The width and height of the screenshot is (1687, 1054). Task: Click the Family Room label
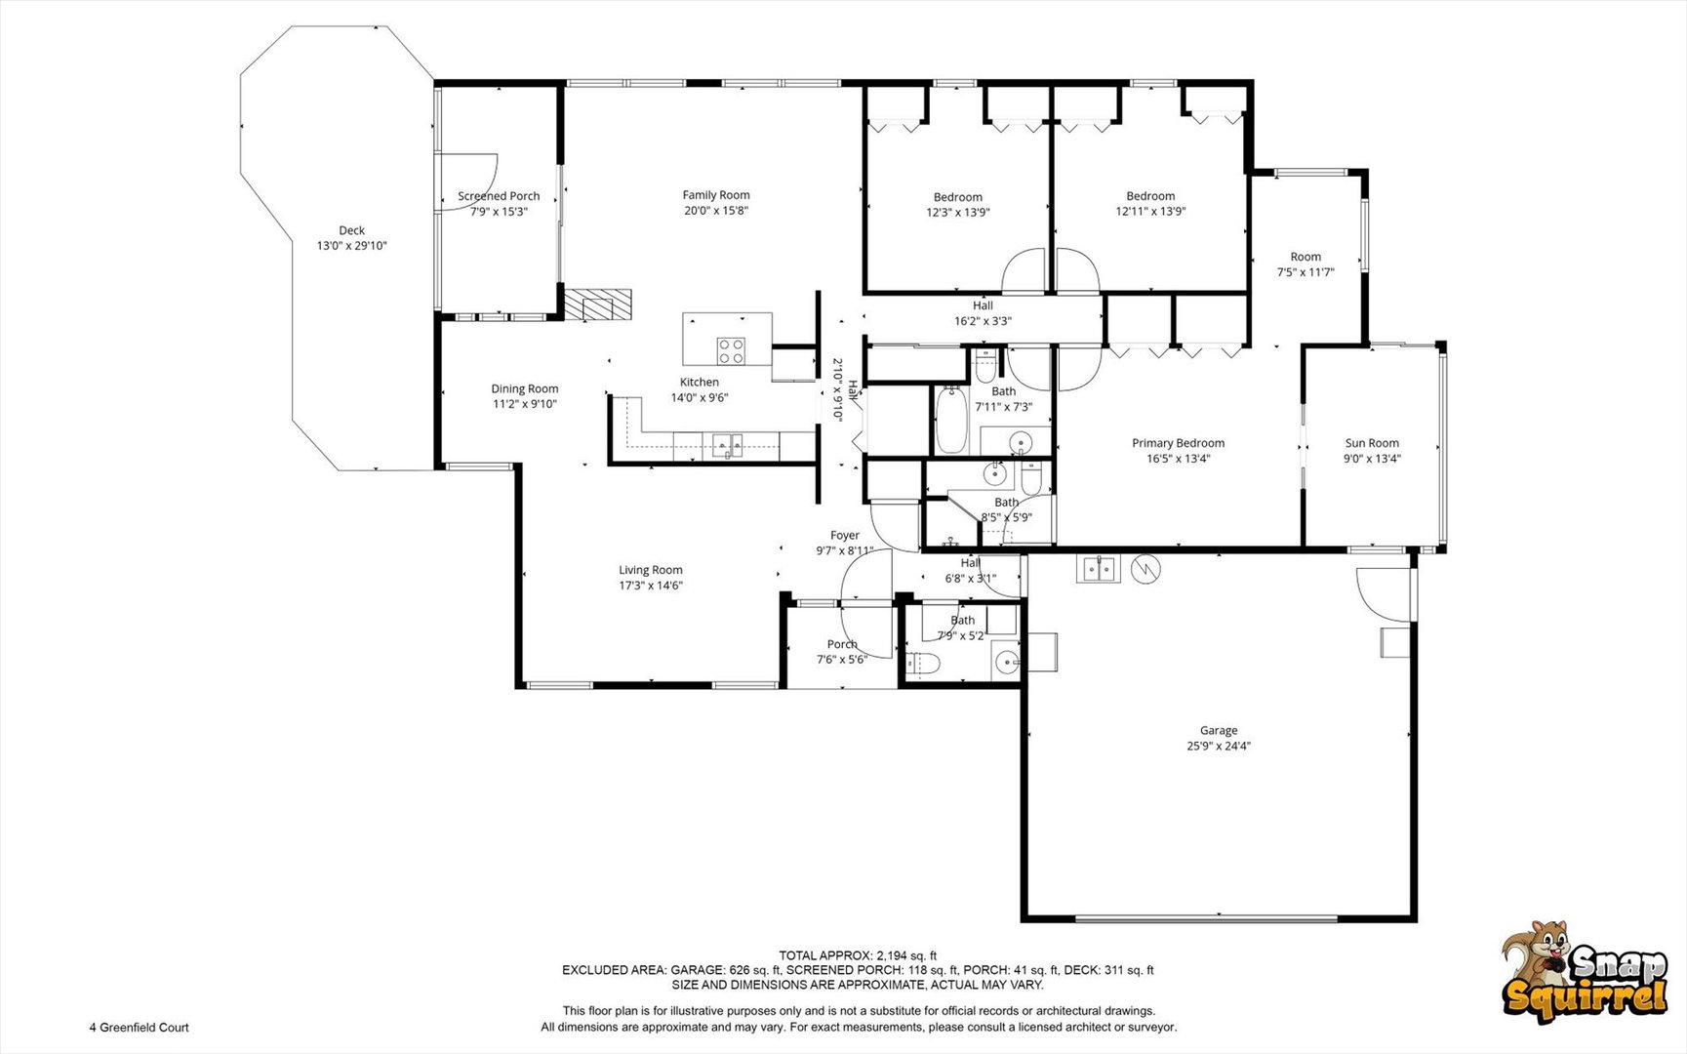(716, 195)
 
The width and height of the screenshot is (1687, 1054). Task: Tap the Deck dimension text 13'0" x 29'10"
(351, 246)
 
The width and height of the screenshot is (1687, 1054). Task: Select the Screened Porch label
(499, 196)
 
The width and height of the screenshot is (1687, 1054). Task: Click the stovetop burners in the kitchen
(731, 350)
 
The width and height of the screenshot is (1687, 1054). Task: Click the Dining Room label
(525, 388)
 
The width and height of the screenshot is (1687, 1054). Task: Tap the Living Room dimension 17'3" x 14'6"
(651, 586)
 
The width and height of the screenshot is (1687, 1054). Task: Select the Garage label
(1219, 730)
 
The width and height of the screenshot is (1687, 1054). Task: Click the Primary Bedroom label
(1178, 443)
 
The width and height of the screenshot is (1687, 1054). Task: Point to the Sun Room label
(1372, 443)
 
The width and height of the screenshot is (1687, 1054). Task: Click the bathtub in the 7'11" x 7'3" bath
(950, 421)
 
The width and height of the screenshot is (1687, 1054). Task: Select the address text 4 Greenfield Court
(140, 1027)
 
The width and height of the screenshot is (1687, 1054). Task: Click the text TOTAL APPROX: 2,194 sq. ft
(858, 955)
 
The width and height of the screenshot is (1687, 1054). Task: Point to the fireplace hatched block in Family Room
(598, 304)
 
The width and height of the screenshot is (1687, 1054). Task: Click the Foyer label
(845, 535)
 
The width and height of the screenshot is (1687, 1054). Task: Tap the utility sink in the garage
(1099, 568)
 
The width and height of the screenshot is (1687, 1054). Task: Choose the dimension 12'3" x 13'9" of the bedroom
(958, 212)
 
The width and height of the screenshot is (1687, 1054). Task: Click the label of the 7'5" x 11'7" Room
(1305, 257)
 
